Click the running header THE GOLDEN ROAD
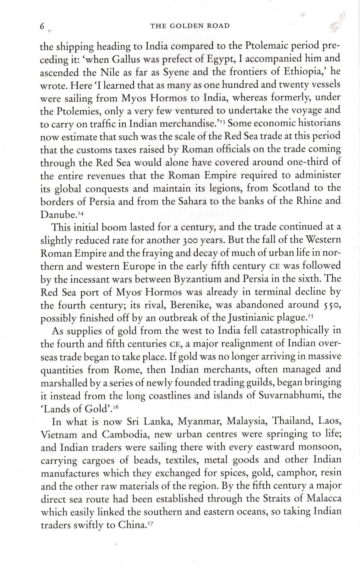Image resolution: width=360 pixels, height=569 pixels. pyautogui.click(x=190, y=26)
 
